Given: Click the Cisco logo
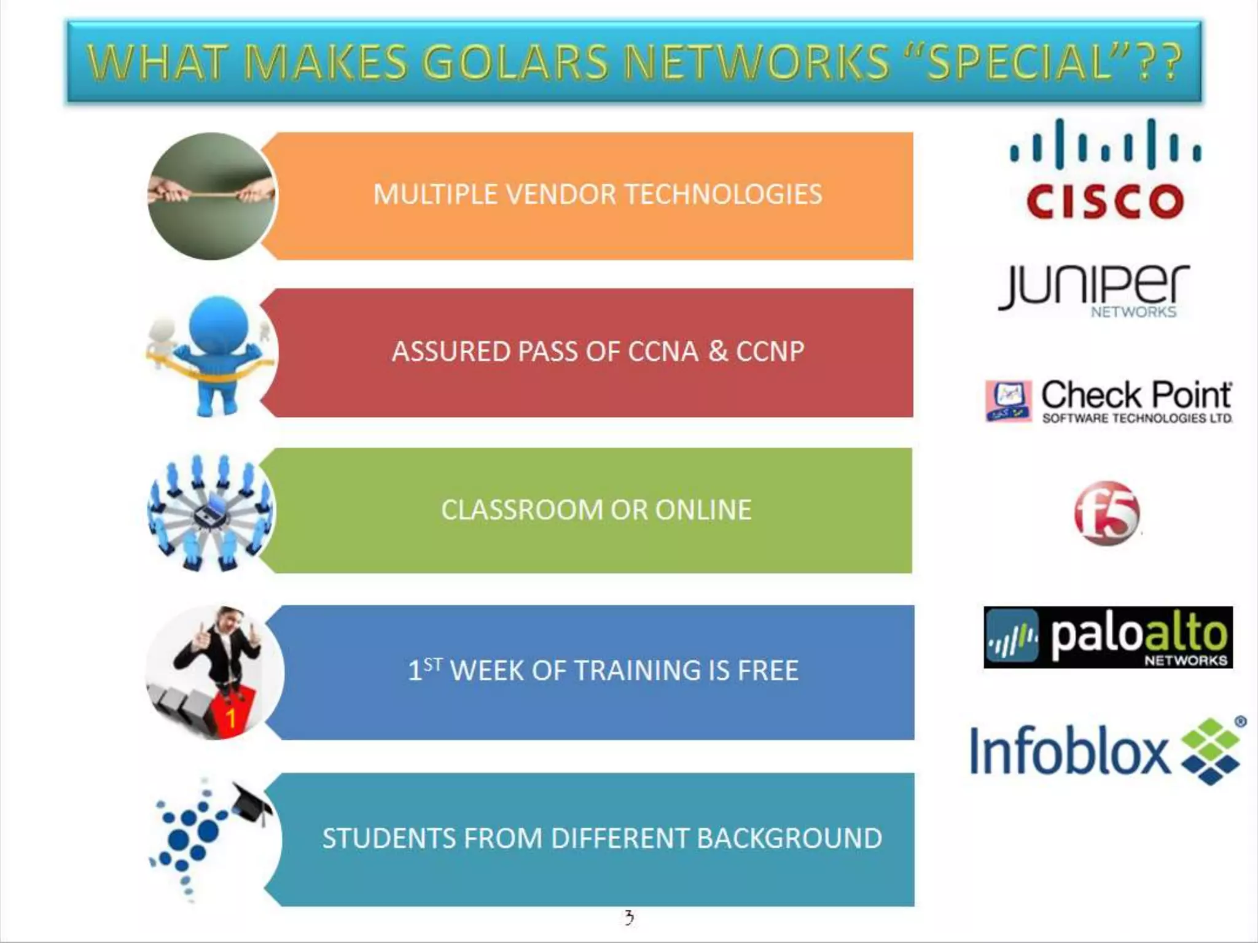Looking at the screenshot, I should pyautogui.click(x=1105, y=169).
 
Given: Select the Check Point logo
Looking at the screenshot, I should pyautogui.click(x=1109, y=402).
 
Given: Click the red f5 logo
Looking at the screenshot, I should pyautogui.click(x=1106, y=513).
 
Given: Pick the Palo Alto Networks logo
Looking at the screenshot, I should pyautogui.click(x=1108, y=637).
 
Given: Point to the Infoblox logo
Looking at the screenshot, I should pyautogui.click(x=1104, y=750).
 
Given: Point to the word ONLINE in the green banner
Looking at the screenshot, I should pyautogui.click(x=703, y=510).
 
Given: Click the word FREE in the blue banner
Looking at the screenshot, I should pyautogui.click(x=768, y=670).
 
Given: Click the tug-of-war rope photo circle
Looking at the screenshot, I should pyautogui.click(x=211, y=196).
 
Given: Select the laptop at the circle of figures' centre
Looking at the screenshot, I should pyautogui.click(x=211, y=511).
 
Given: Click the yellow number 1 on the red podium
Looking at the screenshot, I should pyautogui.click(x=231, y=717).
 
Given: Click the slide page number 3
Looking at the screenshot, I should pyautogui.click(x=629, y=918).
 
